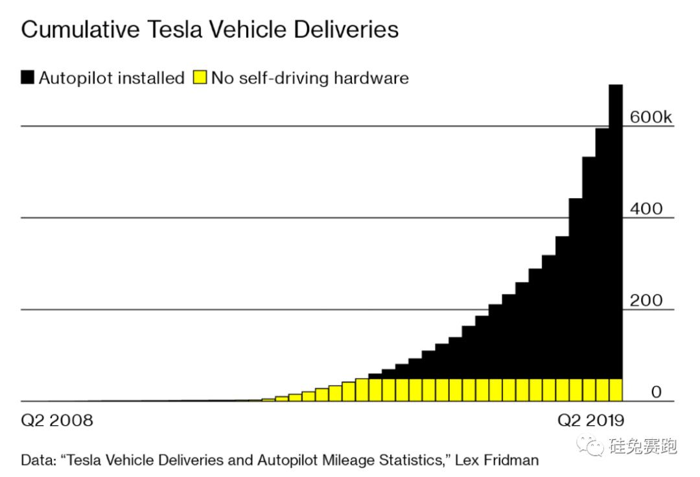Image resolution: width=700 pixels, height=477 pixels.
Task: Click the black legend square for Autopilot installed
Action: pyautogui.click(x=28, y=78)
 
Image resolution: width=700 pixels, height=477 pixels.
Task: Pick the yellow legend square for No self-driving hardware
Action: pyautogui.click(x=200, y=78)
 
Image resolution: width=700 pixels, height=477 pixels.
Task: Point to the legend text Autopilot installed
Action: pyautogui.click(x=111, y=78)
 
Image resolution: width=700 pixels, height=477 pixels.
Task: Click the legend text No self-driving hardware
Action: pyautogui.click(x=310, y=78)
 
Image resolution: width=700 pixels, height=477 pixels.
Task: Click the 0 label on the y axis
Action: pyautogui.click(x=656, y=393)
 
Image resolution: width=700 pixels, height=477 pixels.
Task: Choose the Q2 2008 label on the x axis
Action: pyautogui.click(x=58, y=420)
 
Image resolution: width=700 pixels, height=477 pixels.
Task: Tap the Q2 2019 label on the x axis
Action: pyautogui.click(x=590, y=420)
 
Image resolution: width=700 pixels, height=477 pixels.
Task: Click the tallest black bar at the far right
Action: pyautogui.click(x=616, y=227)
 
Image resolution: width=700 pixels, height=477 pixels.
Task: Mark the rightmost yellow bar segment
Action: pyautogui.click(x=616, y=390)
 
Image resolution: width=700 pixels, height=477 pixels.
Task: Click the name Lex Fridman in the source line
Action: pyautogui.click(x=497, y=461)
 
